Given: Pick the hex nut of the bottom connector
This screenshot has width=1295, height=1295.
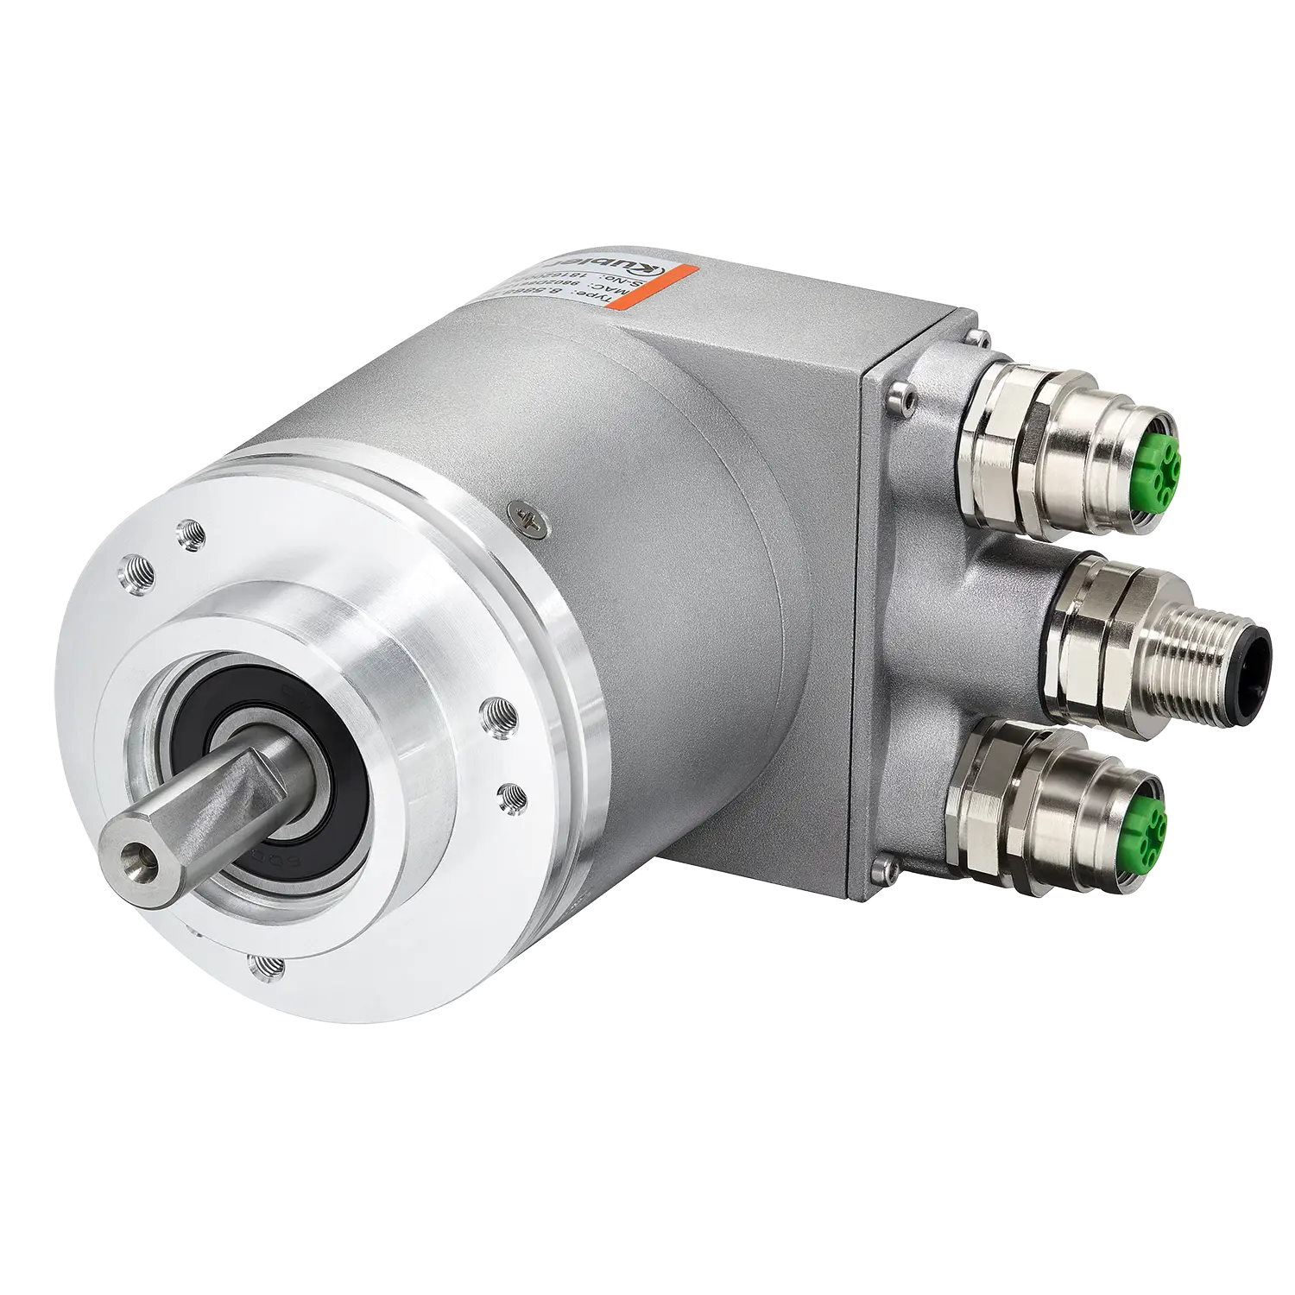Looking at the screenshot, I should (993, 807).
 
